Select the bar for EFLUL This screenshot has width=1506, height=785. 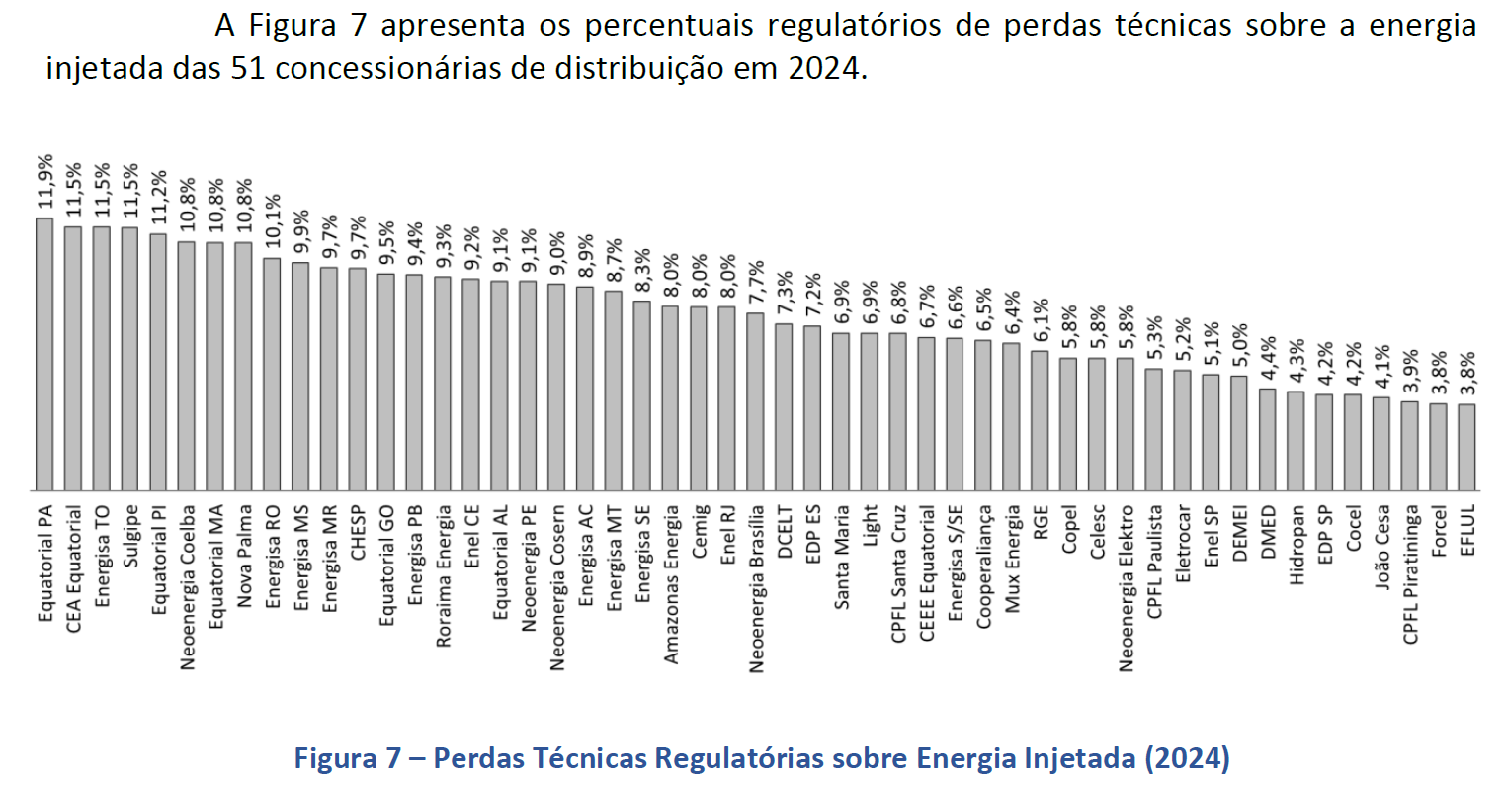click(1466, 447)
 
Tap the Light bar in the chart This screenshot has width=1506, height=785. click(870, 411)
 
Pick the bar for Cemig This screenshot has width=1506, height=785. click(699, 398)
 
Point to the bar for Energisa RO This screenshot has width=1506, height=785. click(272, 374)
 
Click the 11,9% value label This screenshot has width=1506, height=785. click(44, 184)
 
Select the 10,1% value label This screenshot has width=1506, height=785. click(272, 224)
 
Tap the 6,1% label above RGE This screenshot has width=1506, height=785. click(1039, 319)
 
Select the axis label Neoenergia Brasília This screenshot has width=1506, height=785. click(756, 589)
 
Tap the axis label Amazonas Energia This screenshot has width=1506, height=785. click(671, 584)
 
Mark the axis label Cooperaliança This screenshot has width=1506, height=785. click(983, 567)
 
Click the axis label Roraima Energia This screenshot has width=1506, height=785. click(443, 576)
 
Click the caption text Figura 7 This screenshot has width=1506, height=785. click(347, 758)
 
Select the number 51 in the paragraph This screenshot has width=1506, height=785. click(247, 69)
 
